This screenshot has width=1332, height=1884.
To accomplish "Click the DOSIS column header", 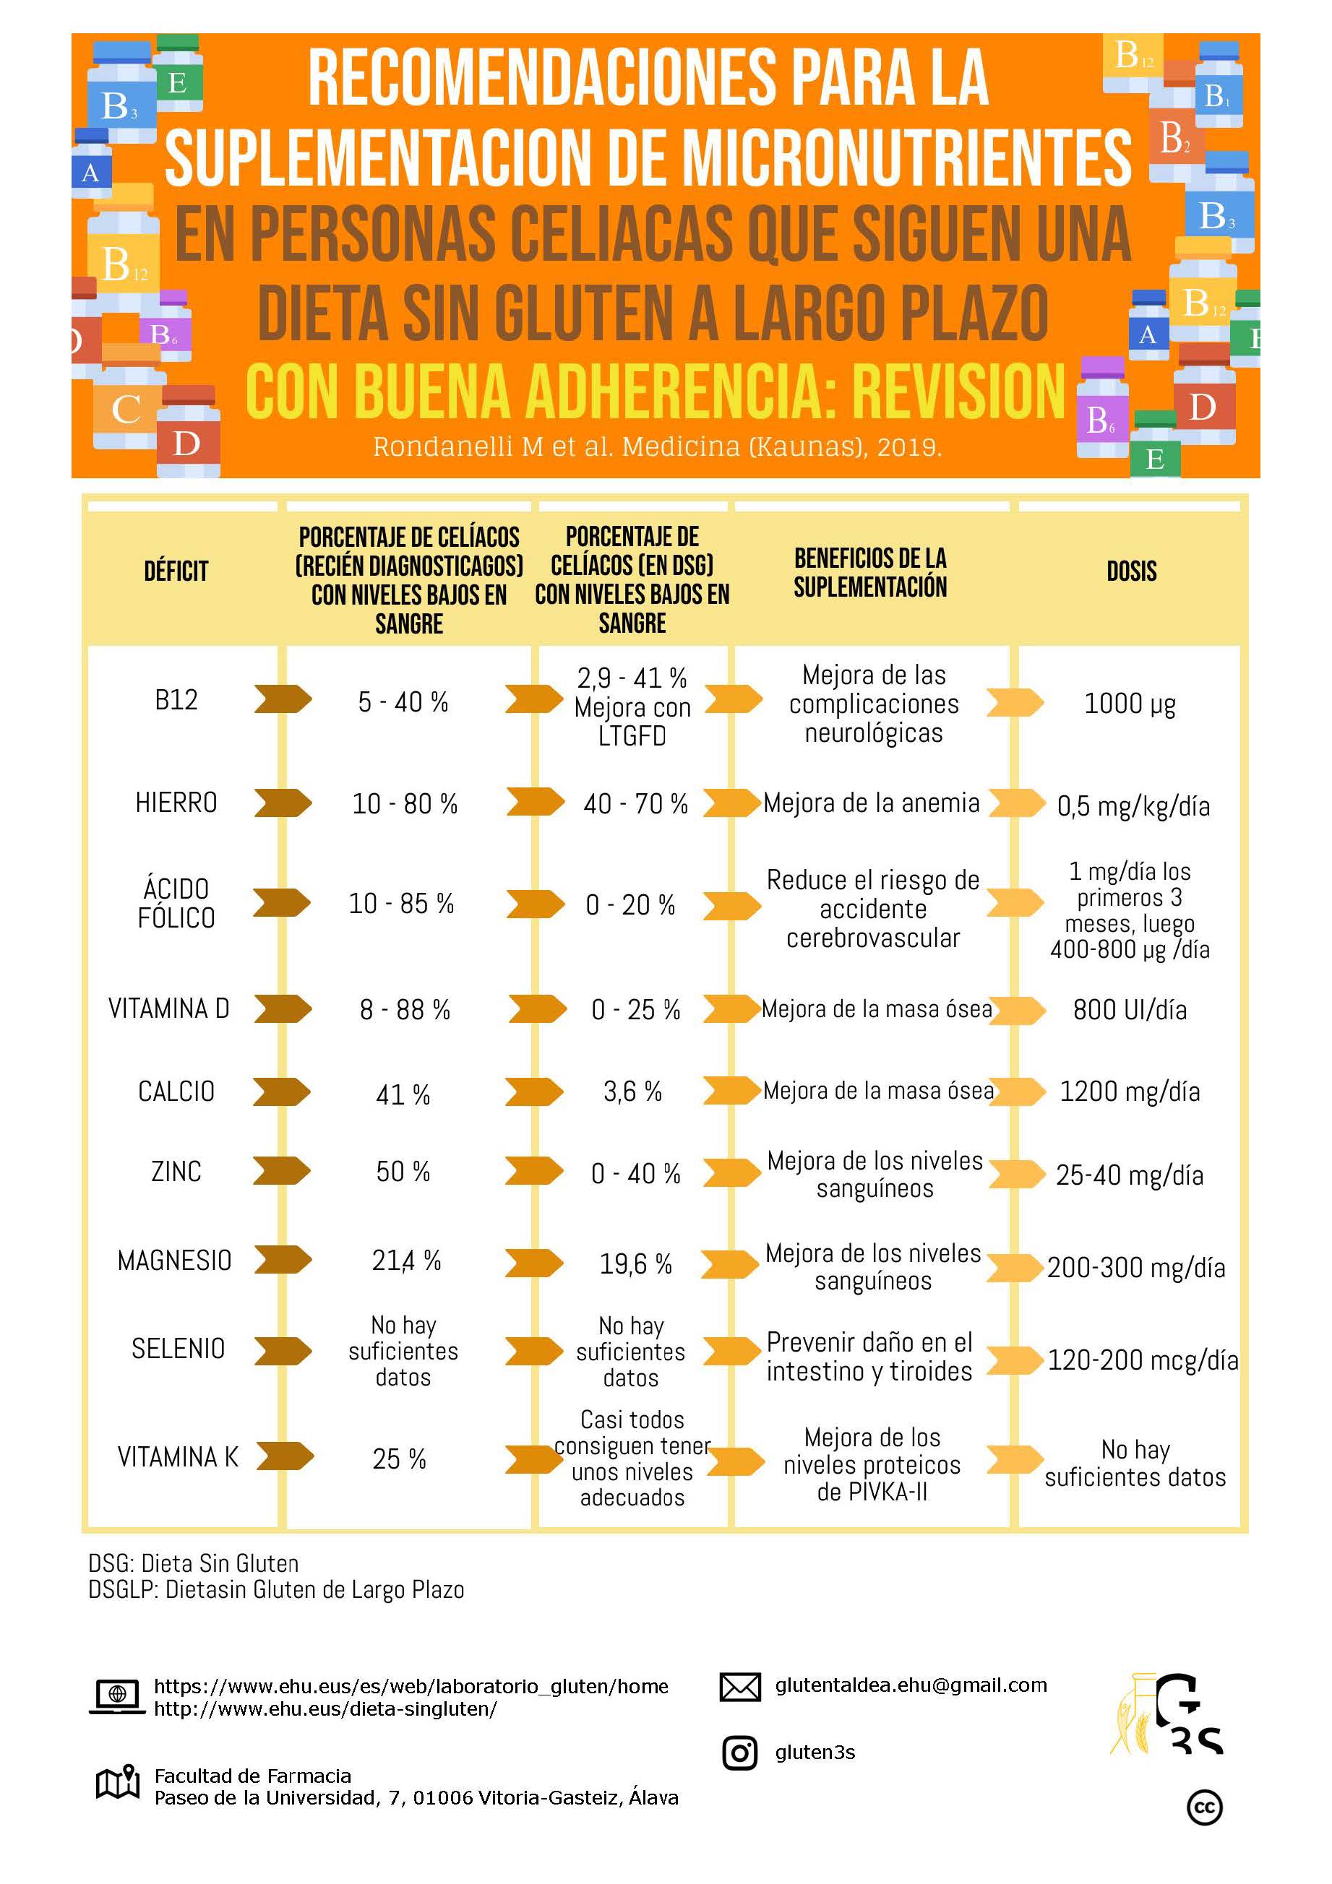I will point(1131,571).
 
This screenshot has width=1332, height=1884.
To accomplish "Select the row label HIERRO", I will point(176,803).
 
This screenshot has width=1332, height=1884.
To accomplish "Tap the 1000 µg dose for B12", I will point(1130,703).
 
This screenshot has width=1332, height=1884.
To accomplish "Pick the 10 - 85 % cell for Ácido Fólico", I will point(401,904).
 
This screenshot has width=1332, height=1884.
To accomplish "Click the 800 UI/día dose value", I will point(1130,1009).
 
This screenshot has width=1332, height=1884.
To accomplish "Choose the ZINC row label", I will point(176,1171).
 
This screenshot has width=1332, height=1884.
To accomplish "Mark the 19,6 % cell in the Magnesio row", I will point(635,1263).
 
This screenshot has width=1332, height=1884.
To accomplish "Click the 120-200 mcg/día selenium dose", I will point(1142,1360).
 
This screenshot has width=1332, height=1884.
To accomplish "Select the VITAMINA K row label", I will point(178,1456).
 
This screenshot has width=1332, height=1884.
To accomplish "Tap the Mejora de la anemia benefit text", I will point(871,803).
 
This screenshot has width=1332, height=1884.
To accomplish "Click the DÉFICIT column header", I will point(176,571).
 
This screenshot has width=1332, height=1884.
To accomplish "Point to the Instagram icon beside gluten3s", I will point(739,1753).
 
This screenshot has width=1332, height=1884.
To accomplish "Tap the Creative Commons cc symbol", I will point(1204,1807).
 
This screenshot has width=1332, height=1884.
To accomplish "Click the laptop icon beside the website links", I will point(116,1696).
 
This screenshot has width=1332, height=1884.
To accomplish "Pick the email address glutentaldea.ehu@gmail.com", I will point(910,1685).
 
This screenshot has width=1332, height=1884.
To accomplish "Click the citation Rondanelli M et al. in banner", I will point(656,447).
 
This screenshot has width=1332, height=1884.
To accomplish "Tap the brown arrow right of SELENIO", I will point(283,1350).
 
